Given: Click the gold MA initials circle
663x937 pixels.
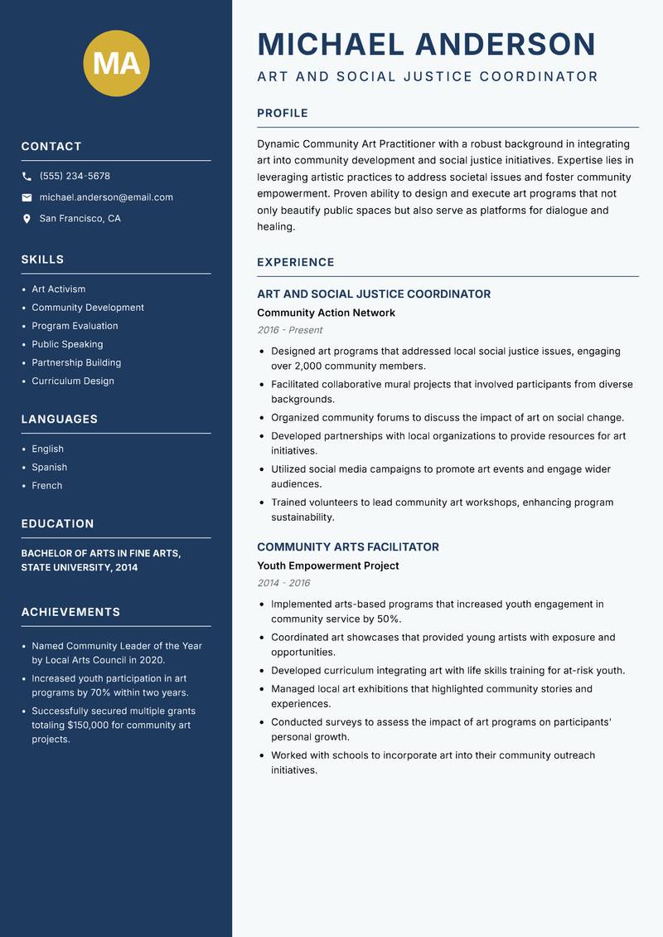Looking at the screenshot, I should pos(116,63).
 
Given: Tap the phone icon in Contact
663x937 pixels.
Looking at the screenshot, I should pos(27,177).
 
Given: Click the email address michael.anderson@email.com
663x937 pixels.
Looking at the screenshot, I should pos(106,197).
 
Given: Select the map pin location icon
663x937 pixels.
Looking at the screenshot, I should pos(27,219).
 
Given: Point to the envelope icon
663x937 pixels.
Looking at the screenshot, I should pos(27,197).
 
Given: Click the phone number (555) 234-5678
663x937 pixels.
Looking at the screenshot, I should pos(75,177).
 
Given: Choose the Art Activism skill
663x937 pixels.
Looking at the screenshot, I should pos(58,289).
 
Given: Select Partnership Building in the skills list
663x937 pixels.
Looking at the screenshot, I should pos(76,362).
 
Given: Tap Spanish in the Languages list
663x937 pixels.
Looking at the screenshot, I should pos(49,467).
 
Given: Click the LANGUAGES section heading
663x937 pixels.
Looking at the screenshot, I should pos(60,420).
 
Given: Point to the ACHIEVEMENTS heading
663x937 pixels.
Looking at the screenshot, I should pos(70,612).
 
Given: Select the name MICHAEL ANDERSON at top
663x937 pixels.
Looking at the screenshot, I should pos(427,44).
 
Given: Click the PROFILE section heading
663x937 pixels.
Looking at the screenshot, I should pos(283,114).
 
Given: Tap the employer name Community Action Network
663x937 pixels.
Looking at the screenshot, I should pos(326,313).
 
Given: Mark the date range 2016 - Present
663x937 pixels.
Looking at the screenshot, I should pos(289,330).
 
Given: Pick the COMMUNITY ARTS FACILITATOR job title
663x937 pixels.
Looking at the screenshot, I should pos(348,547).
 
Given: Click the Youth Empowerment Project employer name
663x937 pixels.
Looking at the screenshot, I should pos(327,566).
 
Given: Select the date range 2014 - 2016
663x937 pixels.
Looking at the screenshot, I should pos(283,583).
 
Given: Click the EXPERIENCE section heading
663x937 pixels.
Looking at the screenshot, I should pos(296,263).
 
